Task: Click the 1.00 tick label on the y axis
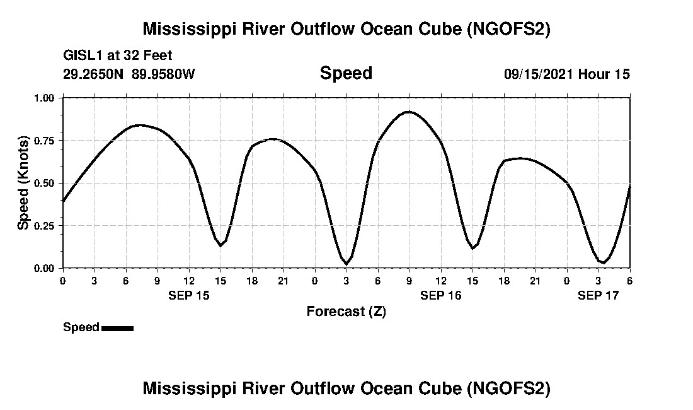click(44, 98)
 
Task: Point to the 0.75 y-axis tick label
click(44, 140)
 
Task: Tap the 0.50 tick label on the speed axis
click(44, 183)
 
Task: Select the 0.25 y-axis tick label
click(44, 225)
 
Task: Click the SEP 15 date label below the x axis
click(189, 295)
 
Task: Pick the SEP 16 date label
click(441, 295)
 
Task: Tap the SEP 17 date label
click(598, 295)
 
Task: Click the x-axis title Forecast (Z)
click(346, 311)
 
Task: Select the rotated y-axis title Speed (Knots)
click(23, 183)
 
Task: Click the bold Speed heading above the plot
click(346, 73)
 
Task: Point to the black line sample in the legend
click(117, 328)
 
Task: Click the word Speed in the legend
click(81, 327)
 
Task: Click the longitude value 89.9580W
click(164, 74)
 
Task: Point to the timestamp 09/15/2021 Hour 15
click(566, 74)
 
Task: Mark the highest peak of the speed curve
click(409, 112)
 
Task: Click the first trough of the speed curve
click(220, 245)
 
